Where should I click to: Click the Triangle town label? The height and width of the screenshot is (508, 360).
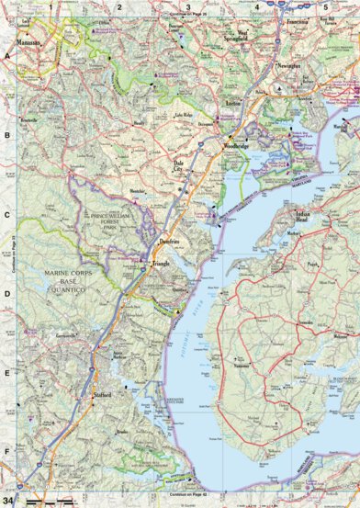[162, 265]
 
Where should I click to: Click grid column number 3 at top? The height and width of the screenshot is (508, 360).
[188, 6]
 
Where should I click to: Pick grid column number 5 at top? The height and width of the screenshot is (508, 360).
[325, 6]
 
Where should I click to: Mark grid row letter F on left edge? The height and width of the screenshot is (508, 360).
[6, 452]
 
